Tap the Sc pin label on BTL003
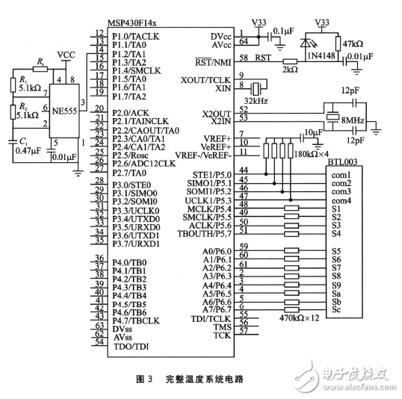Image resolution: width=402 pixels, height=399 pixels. pyautogui.click(x=336, y=310)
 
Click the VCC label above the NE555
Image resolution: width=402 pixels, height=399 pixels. pyautogui.click(x=67, y=55)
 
